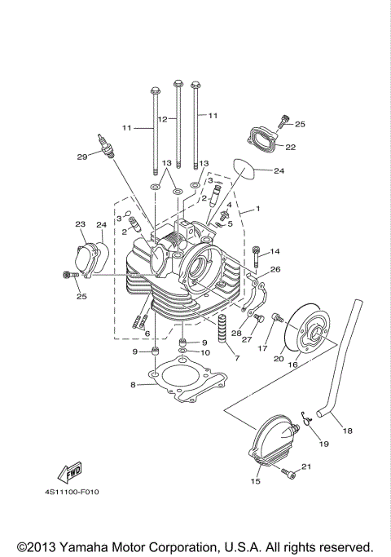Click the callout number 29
click(81, 157)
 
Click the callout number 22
click(290, 147)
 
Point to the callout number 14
click(275, 251)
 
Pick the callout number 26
click(275, 269)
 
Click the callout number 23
click(81, 224)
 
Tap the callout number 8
click(133, 384)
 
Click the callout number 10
click(205, 352)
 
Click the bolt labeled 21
click(288, 472)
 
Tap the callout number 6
click(147, 334)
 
